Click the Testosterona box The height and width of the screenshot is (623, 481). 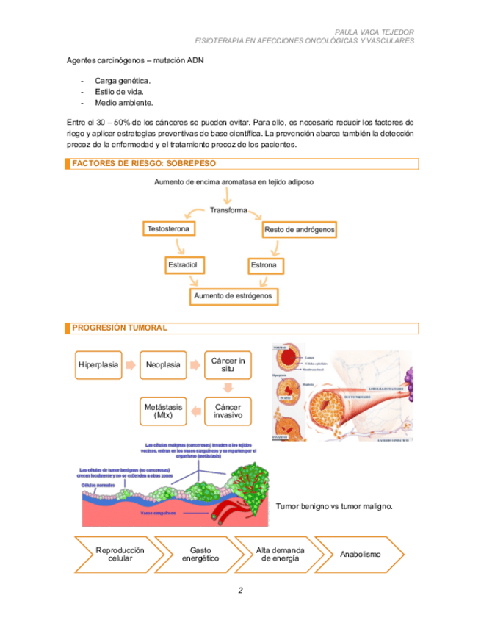168,229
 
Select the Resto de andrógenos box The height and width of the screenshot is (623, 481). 299,230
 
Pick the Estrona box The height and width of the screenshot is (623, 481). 264,264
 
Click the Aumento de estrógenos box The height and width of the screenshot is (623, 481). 233,296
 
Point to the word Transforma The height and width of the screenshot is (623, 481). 228,210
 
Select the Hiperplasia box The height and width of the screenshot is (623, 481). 98,365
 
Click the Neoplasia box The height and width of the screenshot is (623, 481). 163,365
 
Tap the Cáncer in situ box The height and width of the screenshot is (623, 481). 228,365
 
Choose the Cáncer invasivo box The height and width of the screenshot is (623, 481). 228,411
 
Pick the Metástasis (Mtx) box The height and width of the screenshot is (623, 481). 163,411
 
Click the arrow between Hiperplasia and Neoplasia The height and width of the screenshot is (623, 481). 131,365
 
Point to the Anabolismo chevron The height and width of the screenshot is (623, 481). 361,554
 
